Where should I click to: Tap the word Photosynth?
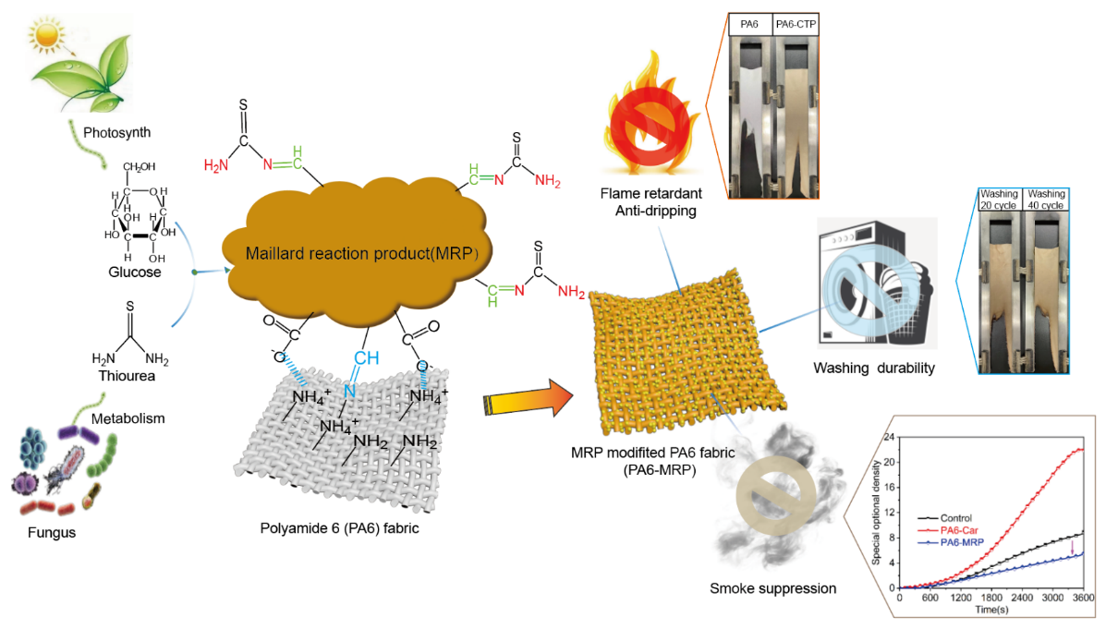click(117, 132)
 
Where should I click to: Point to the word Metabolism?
click(128, 418)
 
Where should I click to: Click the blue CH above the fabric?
click(366, 357)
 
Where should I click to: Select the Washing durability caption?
click(874, 369)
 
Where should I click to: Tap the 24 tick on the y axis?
click(888, 436)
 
